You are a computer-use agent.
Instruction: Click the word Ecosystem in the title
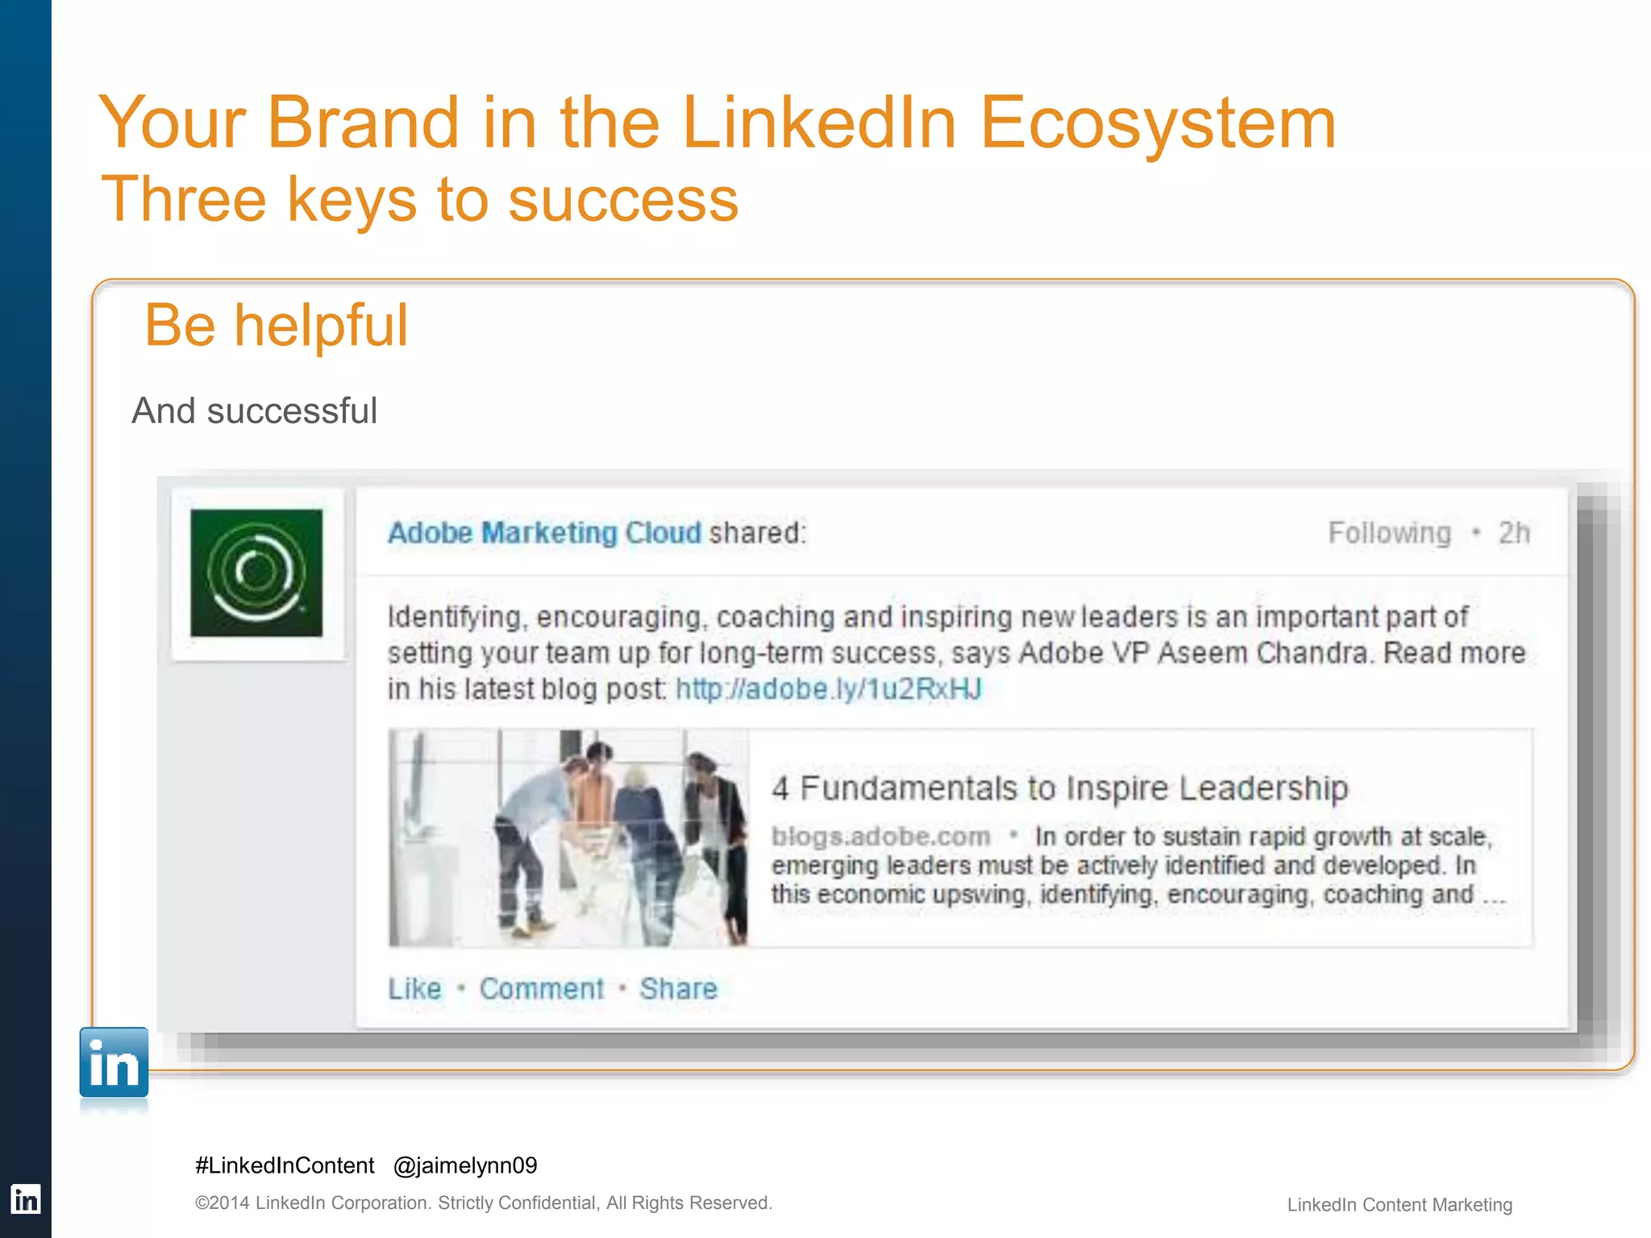(1158, 124)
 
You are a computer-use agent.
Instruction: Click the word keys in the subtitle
(352, 200)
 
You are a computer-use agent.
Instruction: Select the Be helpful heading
(277, 326)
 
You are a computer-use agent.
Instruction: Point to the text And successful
(254, 411)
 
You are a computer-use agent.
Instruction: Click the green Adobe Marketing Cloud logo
(256, 573)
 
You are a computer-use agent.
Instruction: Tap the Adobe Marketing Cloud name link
(544, 533)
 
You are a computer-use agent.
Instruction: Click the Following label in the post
(1389, 534)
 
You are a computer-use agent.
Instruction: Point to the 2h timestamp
(1513, 534)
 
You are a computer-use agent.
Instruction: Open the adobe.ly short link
(829, 689)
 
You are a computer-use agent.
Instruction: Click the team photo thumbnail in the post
(568, 838)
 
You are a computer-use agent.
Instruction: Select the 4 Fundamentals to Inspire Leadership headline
(1059, 788)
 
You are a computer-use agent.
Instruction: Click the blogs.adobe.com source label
(880, 837)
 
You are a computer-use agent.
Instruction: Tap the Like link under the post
(414, 989)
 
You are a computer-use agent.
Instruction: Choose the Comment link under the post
(541, 989)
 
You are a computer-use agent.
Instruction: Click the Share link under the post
(678, 989)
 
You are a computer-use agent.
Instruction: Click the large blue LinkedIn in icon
(114, 1063)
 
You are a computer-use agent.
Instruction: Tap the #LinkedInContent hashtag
(285, 1165)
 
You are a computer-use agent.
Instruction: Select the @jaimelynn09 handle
(465, 1165)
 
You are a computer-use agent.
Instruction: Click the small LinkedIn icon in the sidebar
(25, 1200)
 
